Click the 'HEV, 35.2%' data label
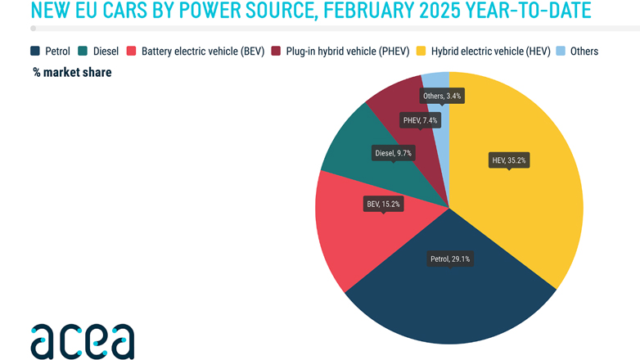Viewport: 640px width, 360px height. tap(508, 160)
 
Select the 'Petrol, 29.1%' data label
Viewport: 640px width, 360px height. tap(451, 259)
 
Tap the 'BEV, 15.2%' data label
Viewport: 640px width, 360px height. tap(383, 203)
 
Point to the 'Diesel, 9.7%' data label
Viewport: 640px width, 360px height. tap(393, 152)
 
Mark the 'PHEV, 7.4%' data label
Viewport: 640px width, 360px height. tap(421, 120)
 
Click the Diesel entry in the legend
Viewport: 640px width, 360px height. tap(100, 51)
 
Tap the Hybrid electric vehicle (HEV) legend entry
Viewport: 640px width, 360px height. tap(483, 51)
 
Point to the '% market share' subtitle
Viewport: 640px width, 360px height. tap(72, 72)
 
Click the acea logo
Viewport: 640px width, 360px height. tap(82, 340)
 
